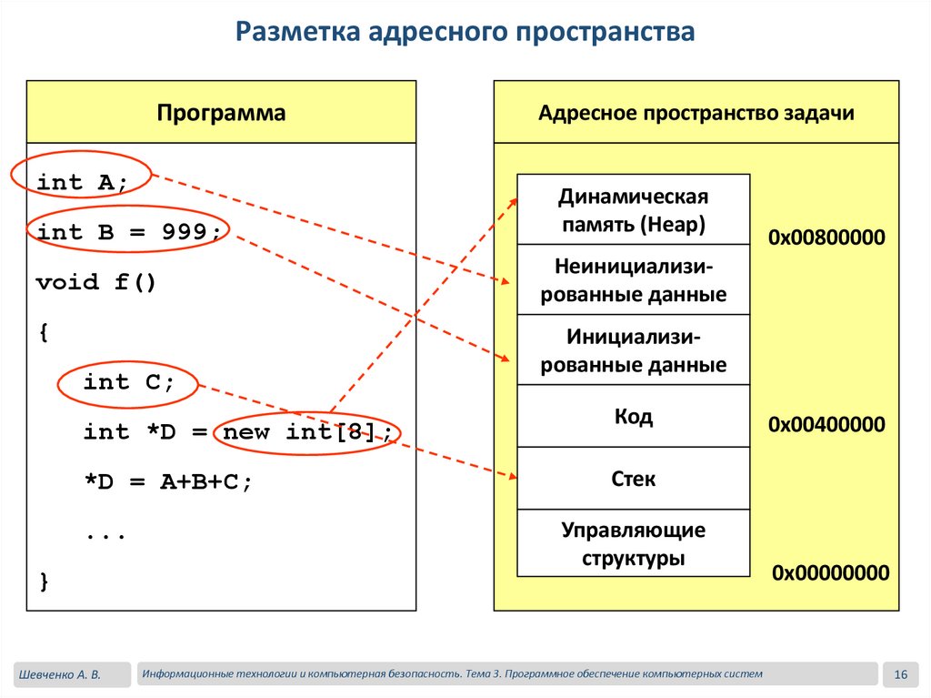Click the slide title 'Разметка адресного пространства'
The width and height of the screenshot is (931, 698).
point(465,34)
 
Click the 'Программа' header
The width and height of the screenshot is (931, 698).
point(221,113)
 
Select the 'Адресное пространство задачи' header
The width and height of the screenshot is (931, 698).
point(696,113)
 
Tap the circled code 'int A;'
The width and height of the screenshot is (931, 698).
point(82,182)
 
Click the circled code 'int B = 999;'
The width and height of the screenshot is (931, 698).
point(128,232)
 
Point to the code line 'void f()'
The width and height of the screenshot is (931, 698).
point(96,282)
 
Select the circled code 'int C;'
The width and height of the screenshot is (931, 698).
point(128,382)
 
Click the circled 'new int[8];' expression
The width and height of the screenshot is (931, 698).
point(309,432)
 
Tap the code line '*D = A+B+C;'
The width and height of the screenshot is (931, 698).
point(167,482)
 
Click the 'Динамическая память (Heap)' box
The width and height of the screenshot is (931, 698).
point(633,210)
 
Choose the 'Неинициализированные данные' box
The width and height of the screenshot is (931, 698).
point(633,280)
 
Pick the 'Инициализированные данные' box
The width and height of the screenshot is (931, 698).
point(633,350)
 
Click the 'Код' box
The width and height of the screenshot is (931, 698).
point(633,417)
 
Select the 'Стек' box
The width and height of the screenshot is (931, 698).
point(633,479)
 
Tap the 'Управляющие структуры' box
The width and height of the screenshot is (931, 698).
point(633,543)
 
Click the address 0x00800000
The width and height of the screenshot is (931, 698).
point(826,238)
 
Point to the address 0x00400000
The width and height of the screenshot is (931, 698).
point(826,425)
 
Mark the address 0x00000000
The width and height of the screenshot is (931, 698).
point(830,573)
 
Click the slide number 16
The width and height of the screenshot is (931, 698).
point(901,674)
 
